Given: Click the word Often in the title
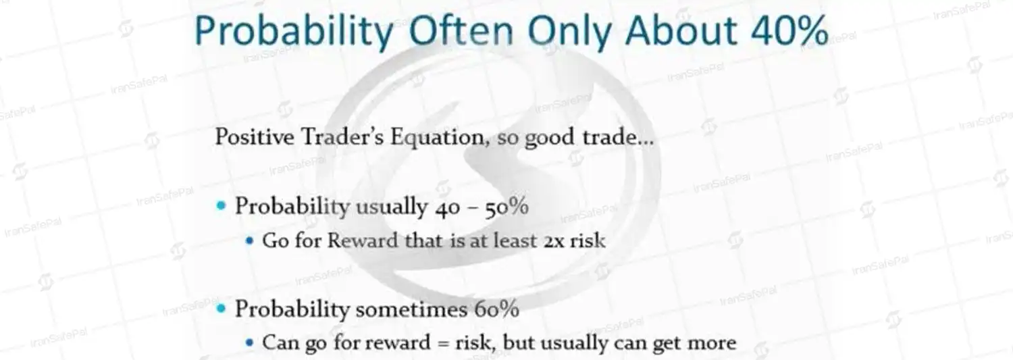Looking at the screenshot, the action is [x=461, y=30].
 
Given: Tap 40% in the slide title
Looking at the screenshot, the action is [x=789, y=30].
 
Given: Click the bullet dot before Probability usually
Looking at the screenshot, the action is [x=221, y=206].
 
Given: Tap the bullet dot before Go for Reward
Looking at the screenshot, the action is [x=249, y=240].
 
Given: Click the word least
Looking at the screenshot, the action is [x=515, y=240].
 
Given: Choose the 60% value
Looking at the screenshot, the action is [x=496, y=309].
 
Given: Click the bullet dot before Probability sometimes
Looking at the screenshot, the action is [x=221, y=309].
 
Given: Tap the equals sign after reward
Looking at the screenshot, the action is [x=443, y=343].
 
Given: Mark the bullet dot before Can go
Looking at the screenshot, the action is [x=249, y=342].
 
